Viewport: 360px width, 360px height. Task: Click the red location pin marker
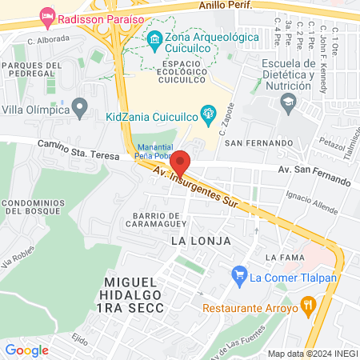181,162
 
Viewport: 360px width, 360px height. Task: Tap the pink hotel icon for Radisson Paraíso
47,16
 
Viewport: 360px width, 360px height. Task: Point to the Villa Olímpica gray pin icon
79,106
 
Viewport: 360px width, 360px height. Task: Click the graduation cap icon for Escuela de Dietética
287,102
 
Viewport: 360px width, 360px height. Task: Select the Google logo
26,350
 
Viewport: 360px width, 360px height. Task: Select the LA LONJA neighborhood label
200,240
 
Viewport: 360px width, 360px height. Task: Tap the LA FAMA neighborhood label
285,257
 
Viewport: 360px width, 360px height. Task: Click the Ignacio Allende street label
308,198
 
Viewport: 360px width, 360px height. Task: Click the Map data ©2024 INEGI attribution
311,354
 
